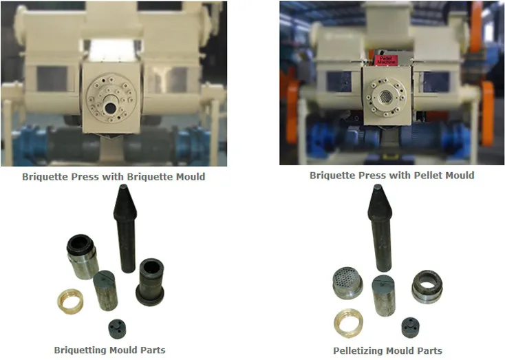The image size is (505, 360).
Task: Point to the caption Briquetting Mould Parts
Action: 109,350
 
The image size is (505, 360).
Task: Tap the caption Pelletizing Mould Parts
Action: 387,350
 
